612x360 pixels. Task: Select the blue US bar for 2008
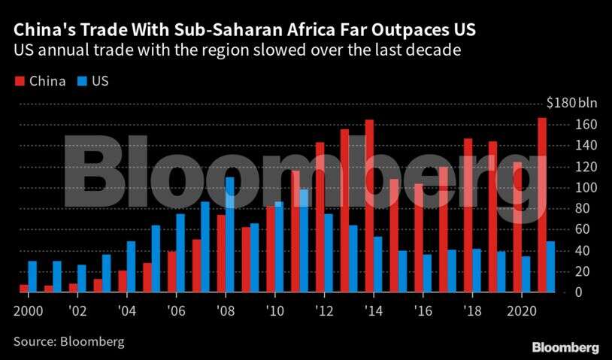pyautogui.click(x=230, y=234)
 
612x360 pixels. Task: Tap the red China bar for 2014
pyautogui.click(x=369, y=206)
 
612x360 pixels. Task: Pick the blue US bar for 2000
pyautogui.click(x=32, y=277)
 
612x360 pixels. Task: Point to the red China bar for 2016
pyautogui.click(x=419, y=237)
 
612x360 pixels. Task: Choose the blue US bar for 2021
pyautogui.click(x=551, y=267)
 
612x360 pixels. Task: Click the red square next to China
pyautogui.click(x=18, y=80)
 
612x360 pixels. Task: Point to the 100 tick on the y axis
pyautogui.click(x=586, y=187)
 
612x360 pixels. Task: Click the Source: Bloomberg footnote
pyautogui.click(x=68, y=341)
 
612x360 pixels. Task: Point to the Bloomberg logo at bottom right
pyautogui.click(x=565, y=346)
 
